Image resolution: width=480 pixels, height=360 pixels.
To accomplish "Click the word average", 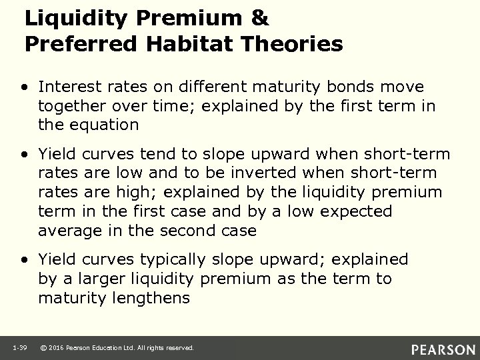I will [66, 230].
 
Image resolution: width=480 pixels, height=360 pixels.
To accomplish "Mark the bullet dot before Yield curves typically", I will [24, 259].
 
